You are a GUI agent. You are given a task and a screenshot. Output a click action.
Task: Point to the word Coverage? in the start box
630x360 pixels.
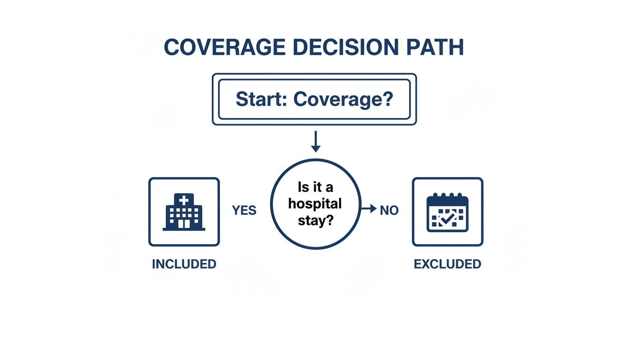(x=343, y=99)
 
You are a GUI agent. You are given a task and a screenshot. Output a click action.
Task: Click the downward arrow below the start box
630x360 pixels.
(x=315, y=142)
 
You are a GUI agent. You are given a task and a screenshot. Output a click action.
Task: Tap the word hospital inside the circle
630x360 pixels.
(x=315, y=204)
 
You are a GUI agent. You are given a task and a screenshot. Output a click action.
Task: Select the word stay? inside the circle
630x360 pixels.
(x=315, y=220)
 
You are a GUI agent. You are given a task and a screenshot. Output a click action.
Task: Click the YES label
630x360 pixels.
(x=244, y=210)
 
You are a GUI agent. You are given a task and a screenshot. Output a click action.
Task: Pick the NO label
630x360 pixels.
(x=389, y=210)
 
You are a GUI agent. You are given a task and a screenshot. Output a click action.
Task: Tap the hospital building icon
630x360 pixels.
(x=184, y=212)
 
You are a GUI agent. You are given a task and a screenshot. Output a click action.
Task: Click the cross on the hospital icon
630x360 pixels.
(x=183, y=200)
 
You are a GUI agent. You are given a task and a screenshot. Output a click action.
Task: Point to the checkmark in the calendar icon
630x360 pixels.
(x=448, y=218)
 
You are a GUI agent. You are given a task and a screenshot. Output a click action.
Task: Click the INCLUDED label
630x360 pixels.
(x=184, y=264)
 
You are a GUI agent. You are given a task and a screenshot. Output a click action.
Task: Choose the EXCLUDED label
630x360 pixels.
(x=447, y=264)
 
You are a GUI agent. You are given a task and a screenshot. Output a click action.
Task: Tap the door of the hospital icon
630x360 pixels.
(x=184, y=224)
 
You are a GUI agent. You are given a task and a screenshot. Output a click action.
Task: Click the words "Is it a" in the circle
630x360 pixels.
(x=315, y=187)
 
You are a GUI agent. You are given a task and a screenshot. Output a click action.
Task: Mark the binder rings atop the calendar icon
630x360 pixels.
(x=448, y=196)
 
